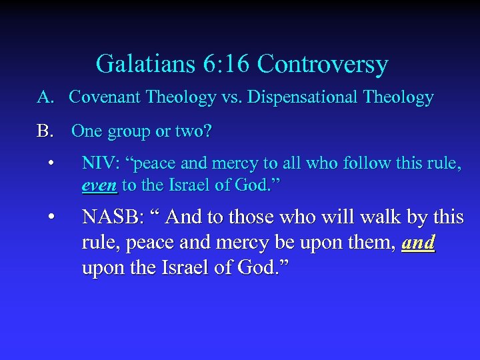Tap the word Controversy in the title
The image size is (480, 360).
pos(322,64)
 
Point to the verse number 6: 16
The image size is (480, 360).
pos(217,64)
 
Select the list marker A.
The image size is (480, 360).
pos(45,97)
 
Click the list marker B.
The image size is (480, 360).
pos(45,131)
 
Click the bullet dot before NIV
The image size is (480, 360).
pos(50,163)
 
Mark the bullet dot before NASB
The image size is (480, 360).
pos(50,216)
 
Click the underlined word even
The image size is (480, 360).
pos(99,186)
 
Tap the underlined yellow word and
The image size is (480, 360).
pos(419,243)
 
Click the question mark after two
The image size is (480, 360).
pos(209,131)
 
